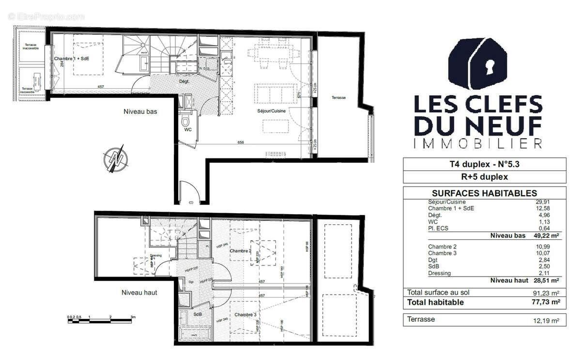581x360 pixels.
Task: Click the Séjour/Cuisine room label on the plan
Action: pyautogui.click(x=271, y=111)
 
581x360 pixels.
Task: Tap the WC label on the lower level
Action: pyautogui.click(x=188, y=130)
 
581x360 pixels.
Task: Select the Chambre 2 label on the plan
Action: pyautogui.click(x=240, y=251)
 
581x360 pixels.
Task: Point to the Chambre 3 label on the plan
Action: pyautogui.click(x=245, y=315)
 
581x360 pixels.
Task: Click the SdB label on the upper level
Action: pyautogui.click(x=198, y=314)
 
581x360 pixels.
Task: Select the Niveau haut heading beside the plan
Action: pyautogui.click(x=139, y=293)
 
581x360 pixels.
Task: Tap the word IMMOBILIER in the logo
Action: pyautogui.click(x=477, y=143)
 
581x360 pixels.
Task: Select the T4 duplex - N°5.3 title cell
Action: pyautogui.click(x=484, y=164)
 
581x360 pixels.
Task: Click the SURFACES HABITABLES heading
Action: pyautogui.click(x=484, y=193)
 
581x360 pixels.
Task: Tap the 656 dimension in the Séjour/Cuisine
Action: pyautogui.click(x=241, y=143)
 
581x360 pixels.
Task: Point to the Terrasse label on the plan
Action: pyautogui.click(x=338, y=98)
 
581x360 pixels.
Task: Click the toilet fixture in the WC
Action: pyautogui.click(x=185, y=120)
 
